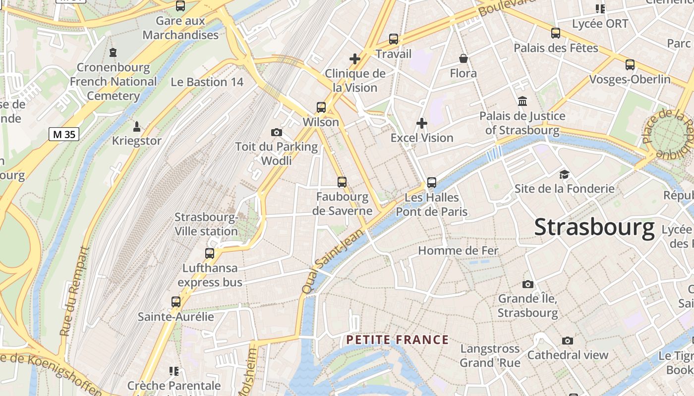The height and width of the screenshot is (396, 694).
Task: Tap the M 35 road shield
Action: pos(64,134)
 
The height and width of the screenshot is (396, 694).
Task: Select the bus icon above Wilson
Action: pos(321,107)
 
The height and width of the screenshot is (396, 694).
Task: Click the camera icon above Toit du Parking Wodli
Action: pos(277,132)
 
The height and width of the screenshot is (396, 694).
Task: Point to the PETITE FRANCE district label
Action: pos(398,340)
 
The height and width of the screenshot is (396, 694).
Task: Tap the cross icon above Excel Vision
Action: pos(422,123)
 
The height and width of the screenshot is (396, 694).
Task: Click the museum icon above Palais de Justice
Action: pos(522,101)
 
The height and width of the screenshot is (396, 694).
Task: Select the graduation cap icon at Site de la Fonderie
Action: pos(564,174)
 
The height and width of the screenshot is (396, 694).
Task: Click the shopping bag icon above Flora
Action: pos(463,59)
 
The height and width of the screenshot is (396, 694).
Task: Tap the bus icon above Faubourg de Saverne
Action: pos(342,182)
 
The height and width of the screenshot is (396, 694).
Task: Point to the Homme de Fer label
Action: pos(458,250)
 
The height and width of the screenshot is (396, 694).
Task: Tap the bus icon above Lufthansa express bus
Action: pos(210,253)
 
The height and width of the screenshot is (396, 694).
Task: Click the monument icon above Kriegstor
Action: pos(137,126)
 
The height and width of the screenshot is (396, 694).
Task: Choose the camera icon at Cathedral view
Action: pos(568,341)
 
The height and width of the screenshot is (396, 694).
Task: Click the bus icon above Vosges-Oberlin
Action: pos(630,65)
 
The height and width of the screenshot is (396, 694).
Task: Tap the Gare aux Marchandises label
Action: pos(180,28)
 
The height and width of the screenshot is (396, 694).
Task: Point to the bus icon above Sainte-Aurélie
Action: pos(175,302)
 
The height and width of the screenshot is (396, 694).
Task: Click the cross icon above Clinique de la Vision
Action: pos(355,59)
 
